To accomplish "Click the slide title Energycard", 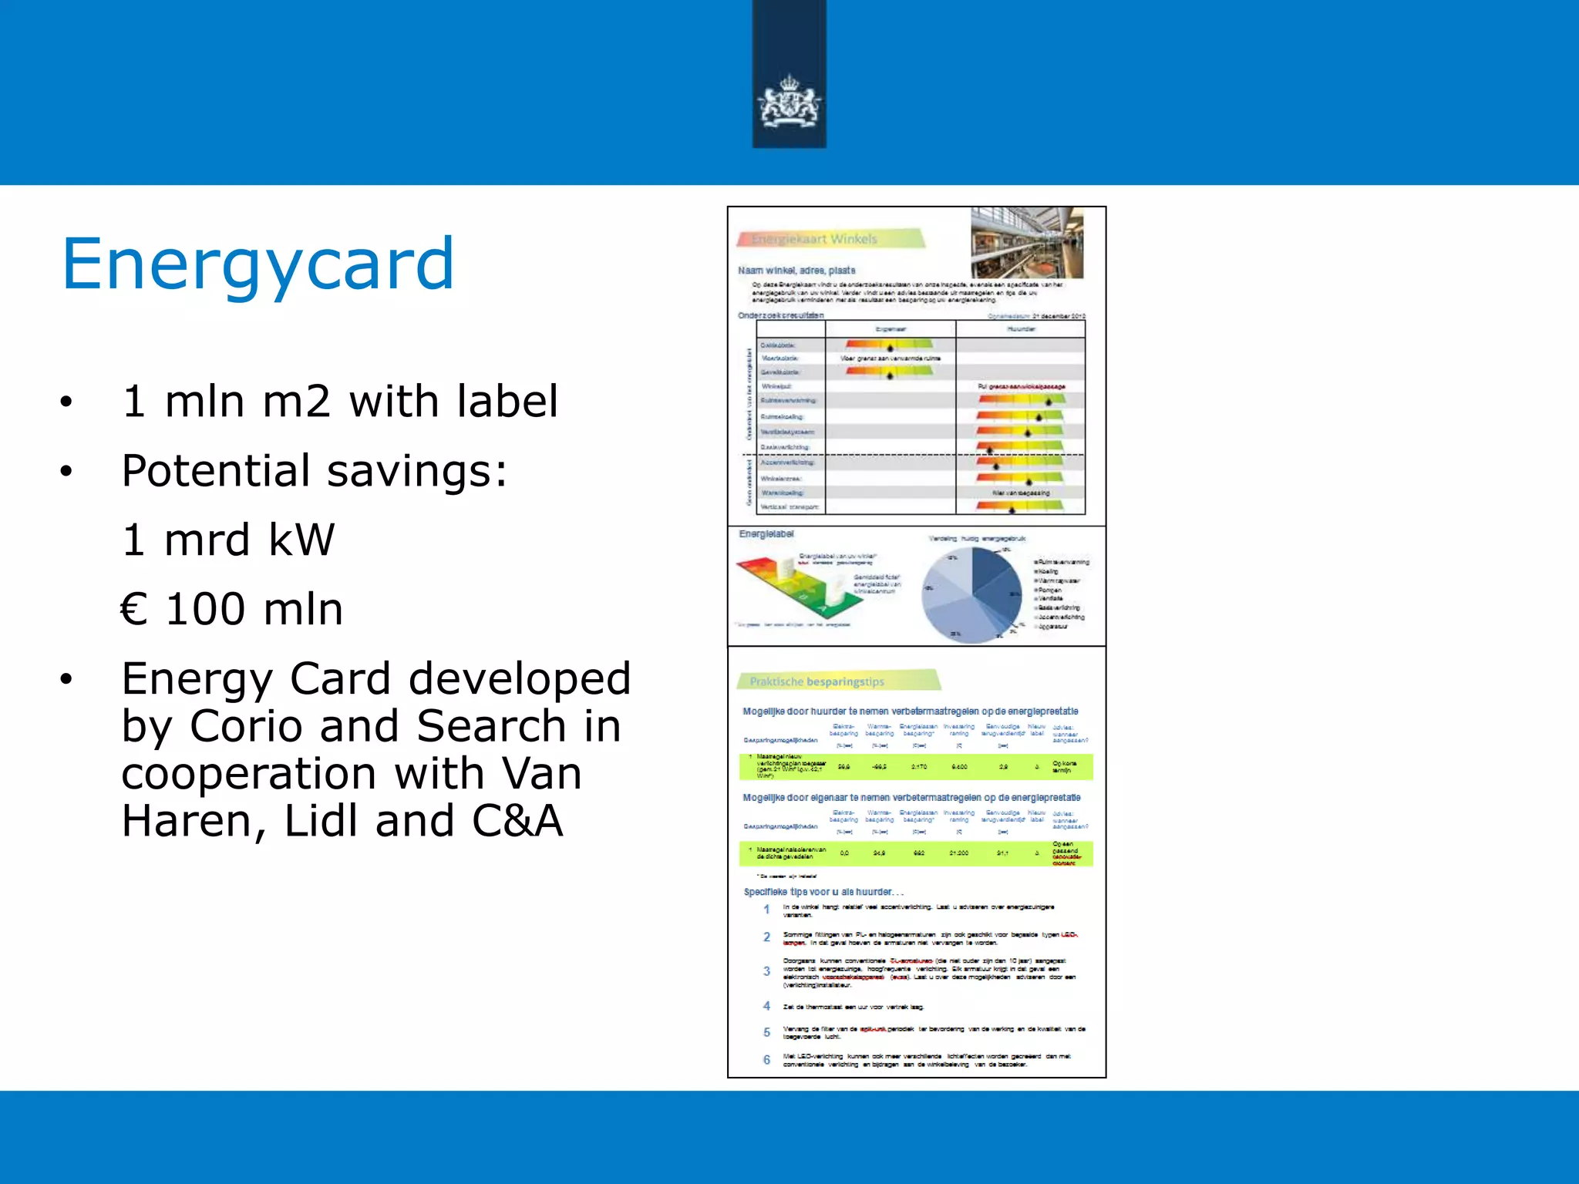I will (x=258, y=264).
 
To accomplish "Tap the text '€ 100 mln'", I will (x=232, y=609).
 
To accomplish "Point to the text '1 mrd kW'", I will (x=228, y=539).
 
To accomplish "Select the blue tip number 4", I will (x=766, y=1006).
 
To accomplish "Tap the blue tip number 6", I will (x=766, y=1060).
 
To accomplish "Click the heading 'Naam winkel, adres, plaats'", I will (x=796, y=271).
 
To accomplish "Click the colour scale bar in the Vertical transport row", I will (x=1019, y=506).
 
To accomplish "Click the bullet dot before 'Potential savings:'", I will (x=66, y=471).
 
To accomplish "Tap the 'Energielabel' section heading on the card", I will (x=766, y=534).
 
